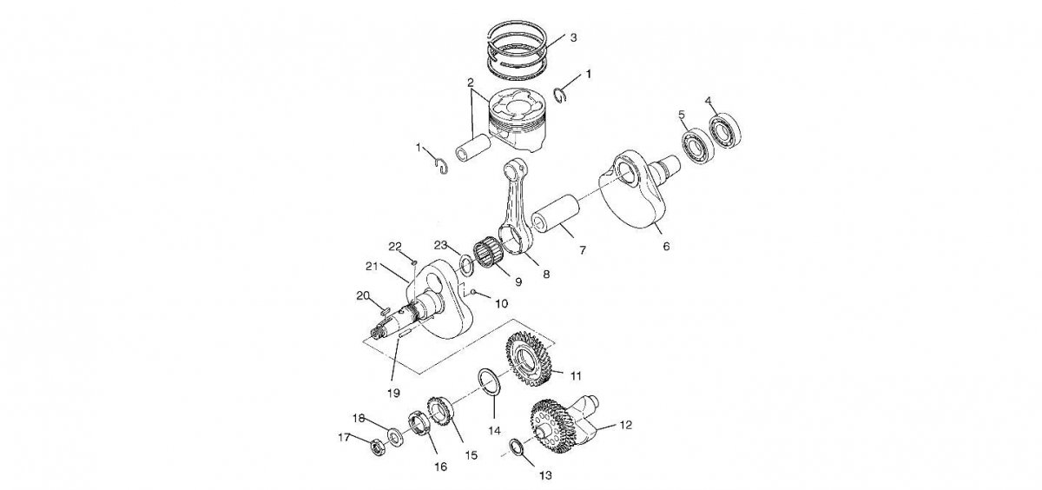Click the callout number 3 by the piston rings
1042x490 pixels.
(x=573, y=38)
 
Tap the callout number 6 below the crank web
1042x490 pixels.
(x=666, y=247)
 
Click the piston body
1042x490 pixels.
(x=518, y=116)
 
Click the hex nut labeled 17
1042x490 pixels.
(x=378, y=447)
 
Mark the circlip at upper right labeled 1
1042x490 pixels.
(x=562, y=95)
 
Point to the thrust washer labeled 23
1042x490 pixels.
(x=465, y=263)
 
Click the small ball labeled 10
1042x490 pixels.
(x=474, y=293)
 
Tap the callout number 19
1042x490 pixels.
(x=393, y=393)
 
